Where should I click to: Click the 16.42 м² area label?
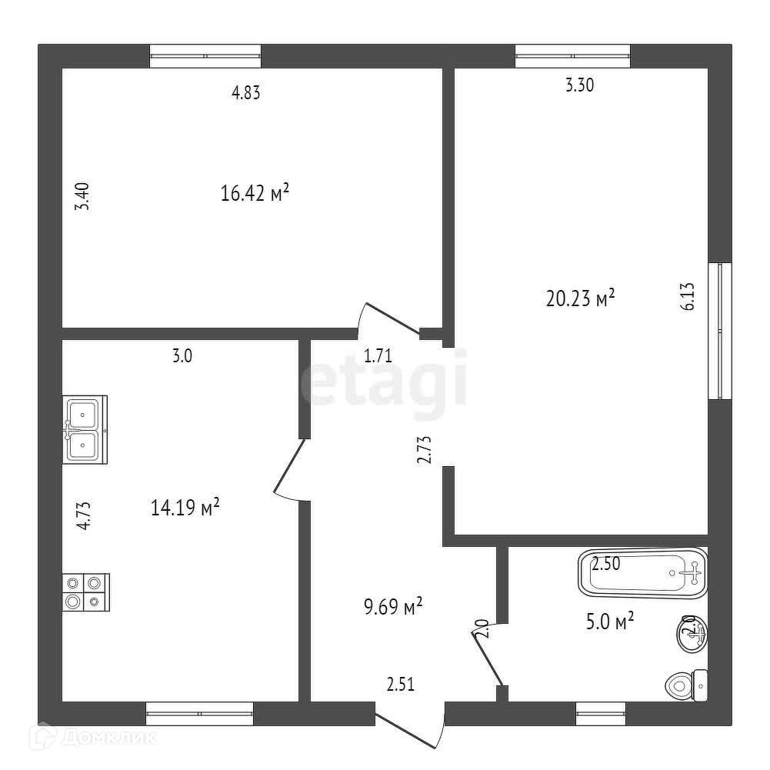coord(254,193)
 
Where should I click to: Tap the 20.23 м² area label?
coord(580,298)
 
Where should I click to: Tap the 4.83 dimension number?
coord(246,93)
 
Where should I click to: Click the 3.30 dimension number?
coord(579,86)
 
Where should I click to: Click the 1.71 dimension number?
coord(378,355)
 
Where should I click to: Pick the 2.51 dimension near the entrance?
coord(400,685)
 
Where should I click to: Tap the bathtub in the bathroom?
coord(642,572)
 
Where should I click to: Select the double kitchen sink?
coord(85,428)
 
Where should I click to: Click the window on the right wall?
coord(720,331)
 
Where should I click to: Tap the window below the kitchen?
coord(199,714)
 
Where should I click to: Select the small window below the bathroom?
coord(601,714)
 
